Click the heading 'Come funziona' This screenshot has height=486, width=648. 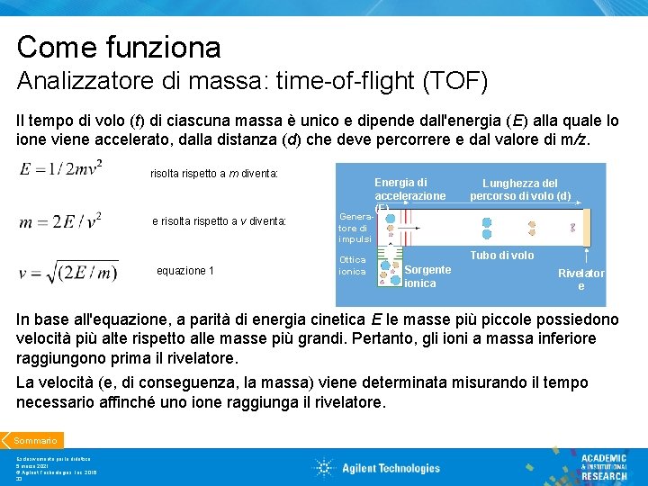point(118,46)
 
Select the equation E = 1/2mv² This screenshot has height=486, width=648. point(60,168)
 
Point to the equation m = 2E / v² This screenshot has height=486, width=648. point(60,218)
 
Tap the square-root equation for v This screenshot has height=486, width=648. point(67,270)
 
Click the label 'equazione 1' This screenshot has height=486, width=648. point(185,270)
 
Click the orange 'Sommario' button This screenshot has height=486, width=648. point(34,440)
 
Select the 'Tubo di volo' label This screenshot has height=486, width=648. point(501,256)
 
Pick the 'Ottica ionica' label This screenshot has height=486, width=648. point(352,265)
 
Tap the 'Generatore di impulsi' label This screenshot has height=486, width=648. point(353,228)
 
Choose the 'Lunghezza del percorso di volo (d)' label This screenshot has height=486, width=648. point(520,190)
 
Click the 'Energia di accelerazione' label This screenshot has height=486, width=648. point(409,189)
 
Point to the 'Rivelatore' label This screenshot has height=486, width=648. point(580,279)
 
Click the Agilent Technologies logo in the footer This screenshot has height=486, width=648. point(376,467)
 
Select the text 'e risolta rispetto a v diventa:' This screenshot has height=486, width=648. point(219,220)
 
